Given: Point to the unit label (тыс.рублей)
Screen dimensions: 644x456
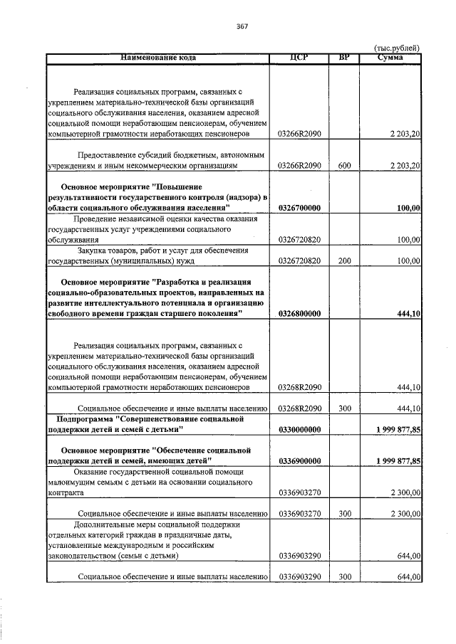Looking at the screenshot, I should [397, 48].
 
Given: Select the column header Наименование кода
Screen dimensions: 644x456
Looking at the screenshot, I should [157, 57].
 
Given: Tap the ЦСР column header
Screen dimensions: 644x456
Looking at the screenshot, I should [299, 57].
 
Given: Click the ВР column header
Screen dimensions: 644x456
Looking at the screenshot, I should [345, 57].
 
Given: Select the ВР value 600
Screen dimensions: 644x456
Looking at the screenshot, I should [345, 165].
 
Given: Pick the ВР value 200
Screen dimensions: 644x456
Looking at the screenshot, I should [345, 261].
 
